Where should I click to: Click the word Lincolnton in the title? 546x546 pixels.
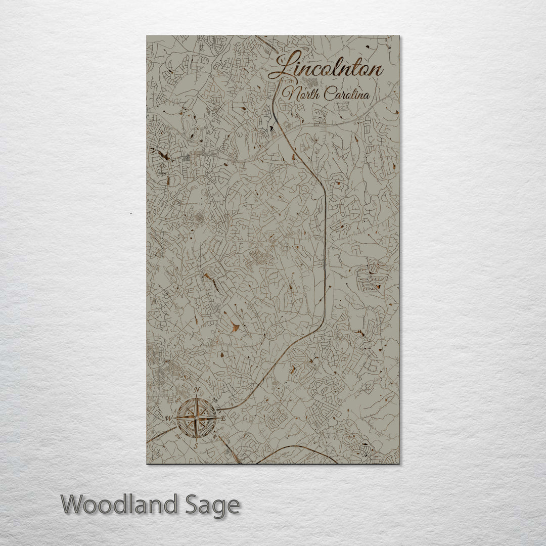coord(326,68)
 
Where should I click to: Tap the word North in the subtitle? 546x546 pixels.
coord(299,94)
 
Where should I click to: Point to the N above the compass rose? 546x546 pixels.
coord(197,390)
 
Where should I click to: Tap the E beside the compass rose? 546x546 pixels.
coord(224,418)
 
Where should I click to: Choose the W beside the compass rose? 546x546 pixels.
coord(169,418)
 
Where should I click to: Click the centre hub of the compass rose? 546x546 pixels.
coord(197,418)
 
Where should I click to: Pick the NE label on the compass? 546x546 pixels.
coord(215,400)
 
